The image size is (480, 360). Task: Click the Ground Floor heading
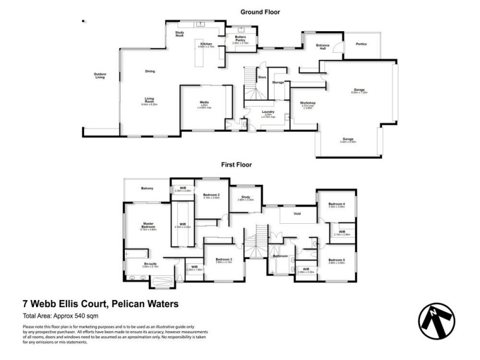point(260,12)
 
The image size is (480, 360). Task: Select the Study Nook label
point(179,34)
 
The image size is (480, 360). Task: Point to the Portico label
point(361,44)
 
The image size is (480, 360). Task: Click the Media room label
point(204,103)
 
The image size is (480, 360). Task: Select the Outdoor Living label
point(100,76)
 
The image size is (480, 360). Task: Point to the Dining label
point(150,71)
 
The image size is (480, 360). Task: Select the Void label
point(296,213)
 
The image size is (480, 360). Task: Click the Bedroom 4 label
point(336,205)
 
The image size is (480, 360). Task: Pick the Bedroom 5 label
point(336,260)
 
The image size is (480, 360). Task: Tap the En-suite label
point(149,263)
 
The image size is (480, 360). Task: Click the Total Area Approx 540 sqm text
point(60,316)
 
